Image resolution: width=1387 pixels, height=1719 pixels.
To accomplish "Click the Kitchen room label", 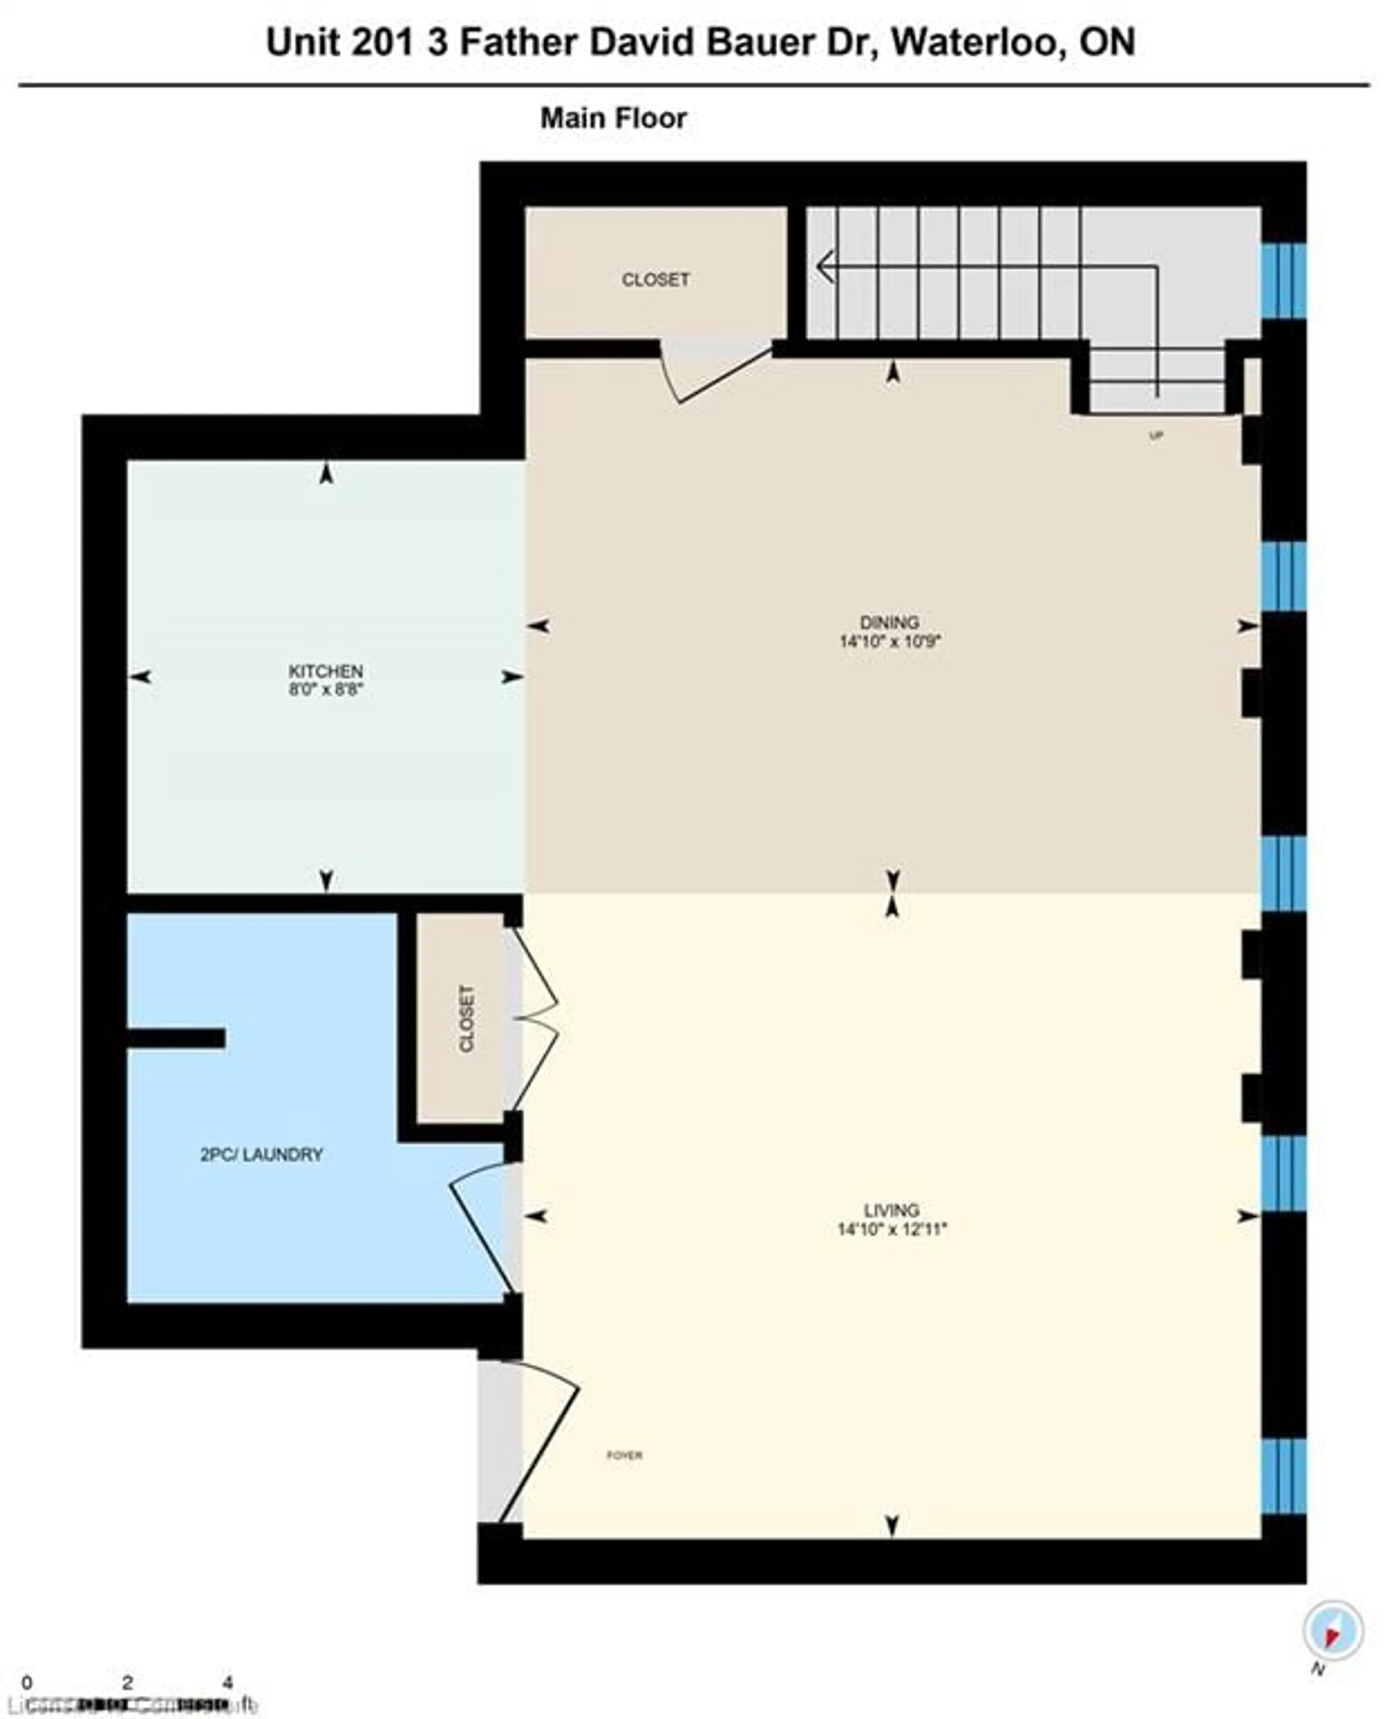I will pos(326,670).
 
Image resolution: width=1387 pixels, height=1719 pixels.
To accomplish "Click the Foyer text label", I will pos(624,1455).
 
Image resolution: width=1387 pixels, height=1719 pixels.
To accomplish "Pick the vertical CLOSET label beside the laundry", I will pos(467,1018).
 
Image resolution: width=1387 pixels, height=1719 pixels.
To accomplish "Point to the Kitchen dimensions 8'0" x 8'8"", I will pos(326,689).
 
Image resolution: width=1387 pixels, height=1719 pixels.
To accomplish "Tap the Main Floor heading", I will pos(614,118).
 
